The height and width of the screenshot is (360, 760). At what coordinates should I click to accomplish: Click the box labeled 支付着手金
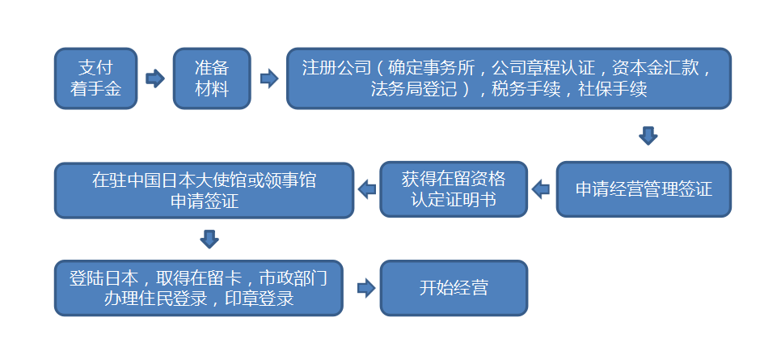point(95,78)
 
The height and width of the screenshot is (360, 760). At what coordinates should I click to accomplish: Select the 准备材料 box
point(212,78)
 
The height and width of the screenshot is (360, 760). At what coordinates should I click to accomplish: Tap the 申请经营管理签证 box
point(644,190)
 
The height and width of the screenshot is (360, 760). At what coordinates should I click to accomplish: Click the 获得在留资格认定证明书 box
point(453,190)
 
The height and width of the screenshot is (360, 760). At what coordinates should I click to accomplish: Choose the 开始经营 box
point(453,287)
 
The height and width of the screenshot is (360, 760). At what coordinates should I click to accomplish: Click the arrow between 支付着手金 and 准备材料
point(154,78)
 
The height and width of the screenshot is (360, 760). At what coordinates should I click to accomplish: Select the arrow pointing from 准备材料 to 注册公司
point(269,78)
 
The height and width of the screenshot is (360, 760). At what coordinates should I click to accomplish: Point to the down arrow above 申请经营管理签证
point(648,135)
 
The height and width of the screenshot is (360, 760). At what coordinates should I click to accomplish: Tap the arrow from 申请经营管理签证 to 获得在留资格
point(540,190)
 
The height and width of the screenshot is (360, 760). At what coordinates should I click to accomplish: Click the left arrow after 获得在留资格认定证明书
point(367,190)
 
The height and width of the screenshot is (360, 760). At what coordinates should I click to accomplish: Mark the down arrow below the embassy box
point(209,239)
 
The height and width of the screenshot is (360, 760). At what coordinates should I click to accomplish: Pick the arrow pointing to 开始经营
point(366,287)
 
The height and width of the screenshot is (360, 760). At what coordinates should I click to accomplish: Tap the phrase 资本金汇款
point(656,67)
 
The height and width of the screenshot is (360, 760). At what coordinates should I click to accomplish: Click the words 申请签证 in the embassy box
point(204,201)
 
